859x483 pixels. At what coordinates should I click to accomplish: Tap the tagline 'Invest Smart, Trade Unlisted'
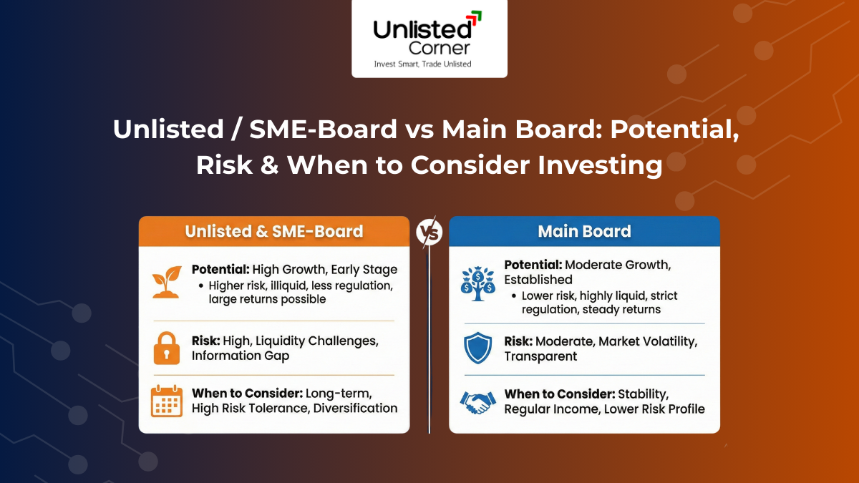(x=422, y=64)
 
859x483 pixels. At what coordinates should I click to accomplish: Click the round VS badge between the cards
(x=429, y=232)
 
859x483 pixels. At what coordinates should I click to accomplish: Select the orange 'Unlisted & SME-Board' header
(x=274, y=231)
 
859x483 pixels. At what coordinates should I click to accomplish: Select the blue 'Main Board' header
(x=584, y=231)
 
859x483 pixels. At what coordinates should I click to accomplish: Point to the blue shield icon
(x=478, y=348)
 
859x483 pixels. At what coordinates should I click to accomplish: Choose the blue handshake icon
(x=478, y=401)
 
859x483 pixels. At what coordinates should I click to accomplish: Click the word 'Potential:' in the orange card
(x=220, y=270)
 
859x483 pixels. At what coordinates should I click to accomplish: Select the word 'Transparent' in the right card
(x=540, y=356)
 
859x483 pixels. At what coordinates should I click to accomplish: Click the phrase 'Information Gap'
(x=241, y=356)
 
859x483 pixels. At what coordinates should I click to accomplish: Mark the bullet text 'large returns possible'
(x=267, y=299)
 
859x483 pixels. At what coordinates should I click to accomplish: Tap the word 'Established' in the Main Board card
(x=538, y=279)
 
